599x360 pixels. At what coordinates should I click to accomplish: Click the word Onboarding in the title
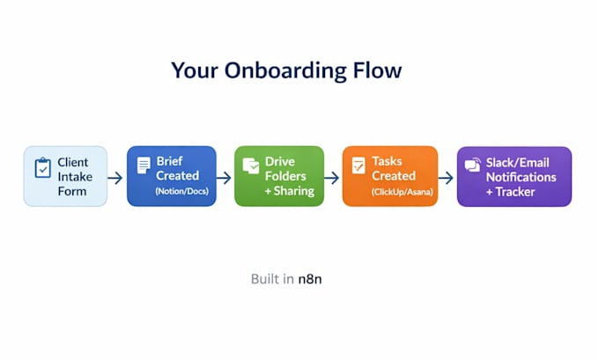[x=285, y=71]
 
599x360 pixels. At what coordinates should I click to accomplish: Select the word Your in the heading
[x=195, y=70]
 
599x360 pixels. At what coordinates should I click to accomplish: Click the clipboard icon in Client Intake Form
[x=43, y=167]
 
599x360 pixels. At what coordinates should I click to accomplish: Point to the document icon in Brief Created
[x=144, y=165]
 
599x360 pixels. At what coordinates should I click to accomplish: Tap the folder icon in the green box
[x=251, y=165]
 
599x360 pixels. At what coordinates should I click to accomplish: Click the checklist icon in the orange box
[x=359, y=165]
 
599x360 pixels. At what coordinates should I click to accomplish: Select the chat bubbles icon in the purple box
[x=472, y=165]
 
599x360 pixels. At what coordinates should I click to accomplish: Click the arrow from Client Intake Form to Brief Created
[x=115, y=178]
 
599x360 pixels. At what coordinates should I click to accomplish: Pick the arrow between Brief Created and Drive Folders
[x=224, y=178]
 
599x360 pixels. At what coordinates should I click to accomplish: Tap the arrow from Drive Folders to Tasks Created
[x=331, y=178]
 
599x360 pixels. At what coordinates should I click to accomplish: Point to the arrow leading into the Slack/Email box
[x=446, y=178]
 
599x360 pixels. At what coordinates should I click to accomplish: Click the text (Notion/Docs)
[x=181, y=191]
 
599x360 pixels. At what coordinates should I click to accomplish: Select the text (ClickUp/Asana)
[x=403, y=192]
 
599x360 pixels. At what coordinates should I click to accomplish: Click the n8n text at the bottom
[x=310, y=279]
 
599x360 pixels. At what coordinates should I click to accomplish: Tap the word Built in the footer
[x=265, y=279]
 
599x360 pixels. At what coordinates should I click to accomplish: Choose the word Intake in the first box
[x=75, y=177]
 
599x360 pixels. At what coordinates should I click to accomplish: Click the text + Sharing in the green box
[x=290, y=190]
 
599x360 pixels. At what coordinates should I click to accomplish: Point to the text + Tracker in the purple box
[x=510, y=192]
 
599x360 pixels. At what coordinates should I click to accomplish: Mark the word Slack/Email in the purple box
[x=518, y=163]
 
